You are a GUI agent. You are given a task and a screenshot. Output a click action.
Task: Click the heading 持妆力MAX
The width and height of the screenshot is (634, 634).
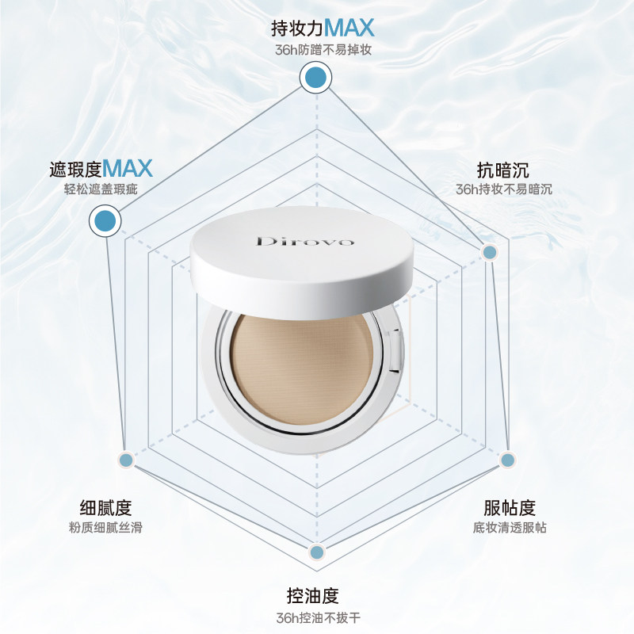click(x=323, y=29)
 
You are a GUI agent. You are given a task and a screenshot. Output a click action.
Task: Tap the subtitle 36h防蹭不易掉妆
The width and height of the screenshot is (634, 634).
click(x=321, y=50)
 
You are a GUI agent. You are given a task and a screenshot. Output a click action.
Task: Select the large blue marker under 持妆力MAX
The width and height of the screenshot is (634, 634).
click(x=316, y=78)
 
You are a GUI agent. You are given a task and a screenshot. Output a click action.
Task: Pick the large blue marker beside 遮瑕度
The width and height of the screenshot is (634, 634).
click(x=106, y=220)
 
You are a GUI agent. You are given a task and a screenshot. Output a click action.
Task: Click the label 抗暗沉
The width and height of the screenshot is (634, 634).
click(x=503, y=170)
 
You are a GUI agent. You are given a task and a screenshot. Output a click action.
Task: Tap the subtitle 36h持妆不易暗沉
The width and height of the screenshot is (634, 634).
click(x=504, y=190)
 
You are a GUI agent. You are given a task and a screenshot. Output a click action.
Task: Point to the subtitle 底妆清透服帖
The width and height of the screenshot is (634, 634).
click(x=510, y=528)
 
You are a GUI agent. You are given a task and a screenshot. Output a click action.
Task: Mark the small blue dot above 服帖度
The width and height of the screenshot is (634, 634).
click(x=508, y=459)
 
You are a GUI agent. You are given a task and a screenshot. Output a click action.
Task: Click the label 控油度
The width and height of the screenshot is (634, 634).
click(x=316, y=595)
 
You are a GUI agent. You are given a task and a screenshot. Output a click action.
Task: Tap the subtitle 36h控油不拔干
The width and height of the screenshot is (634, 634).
click(x=316, y=617)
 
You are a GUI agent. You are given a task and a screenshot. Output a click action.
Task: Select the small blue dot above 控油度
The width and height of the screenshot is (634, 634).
click(x=316, y=552)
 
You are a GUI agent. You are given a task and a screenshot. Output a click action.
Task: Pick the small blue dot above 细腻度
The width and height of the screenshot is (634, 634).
click(x=125, y=459)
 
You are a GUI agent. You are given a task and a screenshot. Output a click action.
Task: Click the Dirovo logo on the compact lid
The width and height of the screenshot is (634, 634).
click(x=305, y=240)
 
